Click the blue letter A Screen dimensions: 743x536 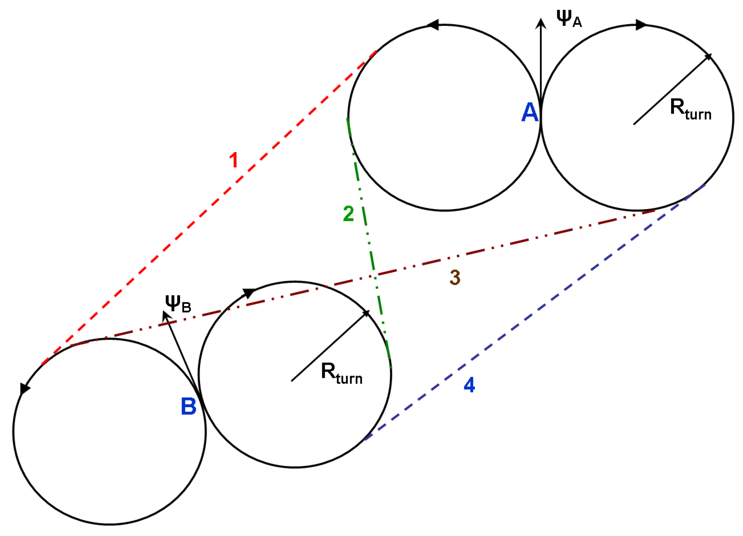pos(529,112)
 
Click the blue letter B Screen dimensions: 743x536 pos(189,406)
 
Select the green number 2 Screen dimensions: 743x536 pos(348,213)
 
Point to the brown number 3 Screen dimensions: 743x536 pos(455,277)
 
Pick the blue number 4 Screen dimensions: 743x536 pos(469,385)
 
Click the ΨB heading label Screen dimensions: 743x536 pos(178,304)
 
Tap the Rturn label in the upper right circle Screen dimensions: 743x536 pos(690,109)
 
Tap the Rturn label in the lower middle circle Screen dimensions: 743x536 pos(341,373)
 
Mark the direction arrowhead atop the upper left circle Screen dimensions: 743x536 pos(432,25)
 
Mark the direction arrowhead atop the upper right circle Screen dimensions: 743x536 pos(641,25)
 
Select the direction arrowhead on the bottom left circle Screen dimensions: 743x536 pos(24,389)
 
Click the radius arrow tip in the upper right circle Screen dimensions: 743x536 pos(709,56)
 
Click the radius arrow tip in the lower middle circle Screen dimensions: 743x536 pos(368,313)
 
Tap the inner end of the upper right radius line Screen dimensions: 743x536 pos(634,125)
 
